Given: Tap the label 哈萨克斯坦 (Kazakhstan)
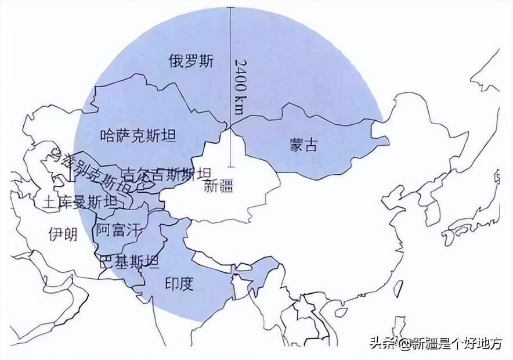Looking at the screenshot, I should pyautogui.click(x=138, y=136).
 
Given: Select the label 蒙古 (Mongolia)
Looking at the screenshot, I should pyautogui.click(x=304, y=145).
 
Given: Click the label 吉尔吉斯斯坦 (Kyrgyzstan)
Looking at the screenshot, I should pyautogui.click(x=167, y=174).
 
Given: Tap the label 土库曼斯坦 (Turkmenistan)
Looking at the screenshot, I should pyautogui.click(x=80, y=201).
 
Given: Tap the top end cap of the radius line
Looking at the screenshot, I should pyautogui.click(x=230, y=7).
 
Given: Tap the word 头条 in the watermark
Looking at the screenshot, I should pyautogui.click(x=381, y=344).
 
